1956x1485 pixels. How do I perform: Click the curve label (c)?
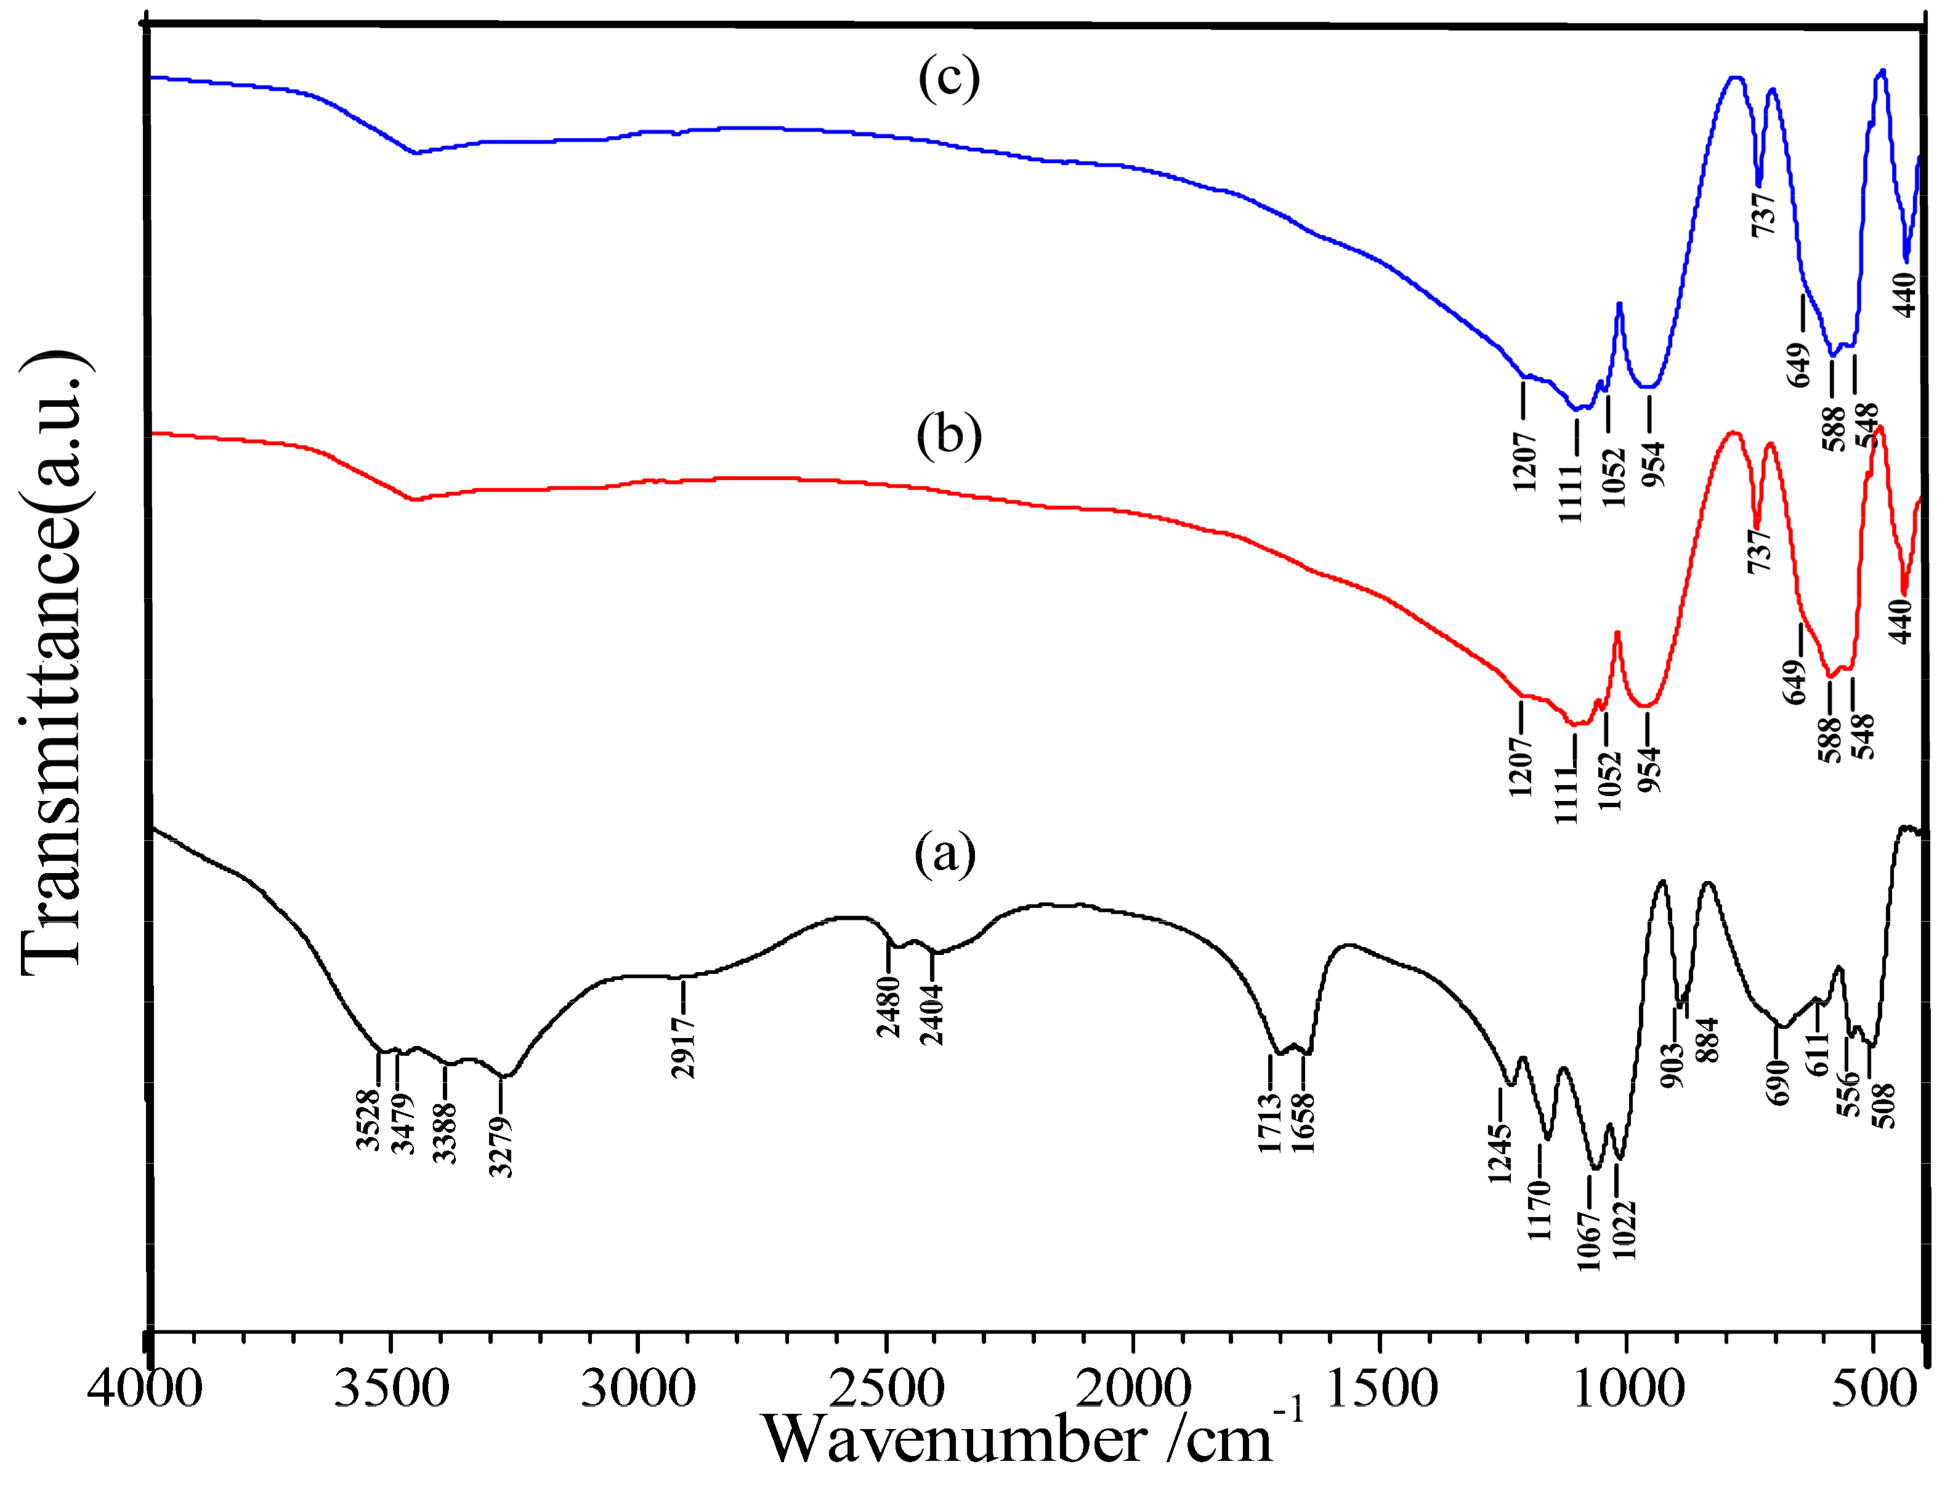coord(949,79)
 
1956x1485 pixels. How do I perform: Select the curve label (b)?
coord(949,437)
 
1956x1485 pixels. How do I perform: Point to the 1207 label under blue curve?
coord(1524,461)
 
